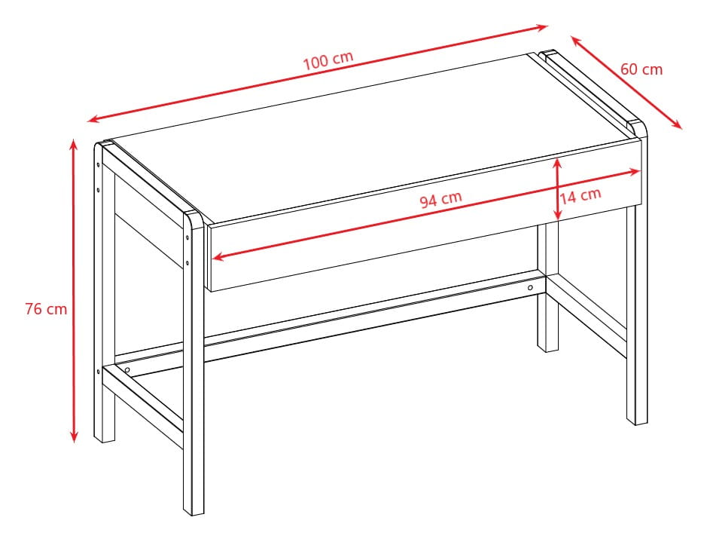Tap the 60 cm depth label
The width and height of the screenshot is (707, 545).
pos(641,69)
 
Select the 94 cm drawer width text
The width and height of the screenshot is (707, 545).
pos(440,200)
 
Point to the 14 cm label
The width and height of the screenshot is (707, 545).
pos(581,196)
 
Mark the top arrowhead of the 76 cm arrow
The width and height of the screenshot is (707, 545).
pos(74,143)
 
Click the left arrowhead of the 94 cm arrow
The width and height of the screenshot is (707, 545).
pos(219,257)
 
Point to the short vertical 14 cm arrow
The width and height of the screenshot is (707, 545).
pos(557,190)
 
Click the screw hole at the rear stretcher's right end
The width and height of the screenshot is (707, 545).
pos(530,288)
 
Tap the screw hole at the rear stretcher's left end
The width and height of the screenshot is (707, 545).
pos(127,370)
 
